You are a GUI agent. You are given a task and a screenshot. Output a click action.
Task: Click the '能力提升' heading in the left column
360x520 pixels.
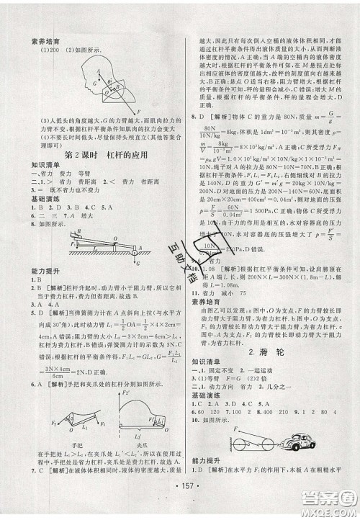(27, 275)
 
